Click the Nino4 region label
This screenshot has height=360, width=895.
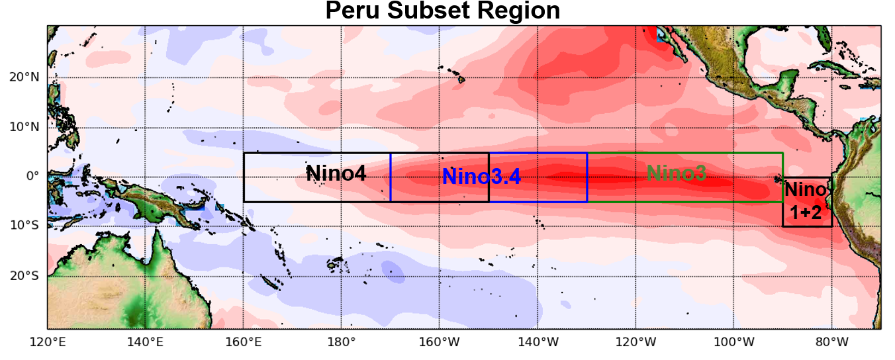336,173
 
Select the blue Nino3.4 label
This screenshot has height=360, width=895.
481,176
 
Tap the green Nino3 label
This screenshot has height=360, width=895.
676,173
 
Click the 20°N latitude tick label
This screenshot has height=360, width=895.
24,77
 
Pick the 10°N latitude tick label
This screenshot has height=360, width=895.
24,126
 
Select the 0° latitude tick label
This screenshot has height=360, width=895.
33,176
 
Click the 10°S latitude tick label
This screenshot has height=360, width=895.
24,226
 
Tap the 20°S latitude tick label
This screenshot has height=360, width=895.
24,275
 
